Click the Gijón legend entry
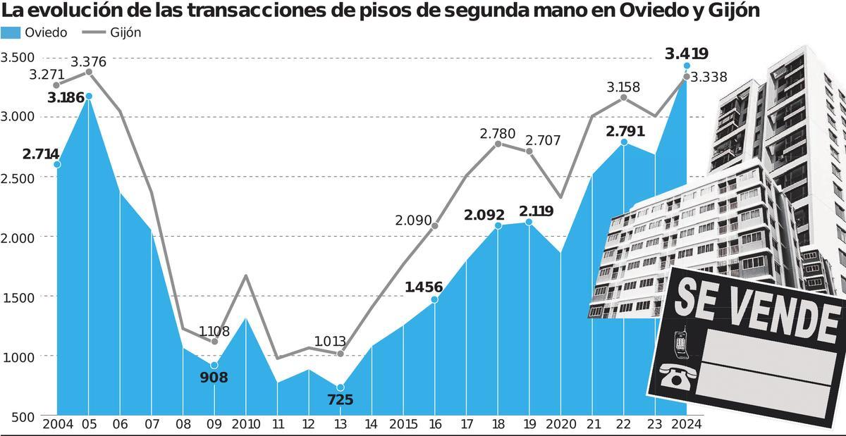click(x=110, y=33)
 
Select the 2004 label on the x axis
click(x=57, y=425)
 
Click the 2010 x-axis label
click(x=246, y=425)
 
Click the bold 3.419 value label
click(x=686, y=54)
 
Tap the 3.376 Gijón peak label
click(x=88, y=62)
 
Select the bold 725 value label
click(x=340, y=400)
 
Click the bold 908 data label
click(x=214, y=378)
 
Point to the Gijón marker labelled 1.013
click(x=341, y=354)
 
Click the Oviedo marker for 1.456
click(x=434, y=299)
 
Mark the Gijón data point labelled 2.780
click(x=498, y=144)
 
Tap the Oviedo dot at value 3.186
click(x=88, y=96)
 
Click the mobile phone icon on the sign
click(x=681, y=342)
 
